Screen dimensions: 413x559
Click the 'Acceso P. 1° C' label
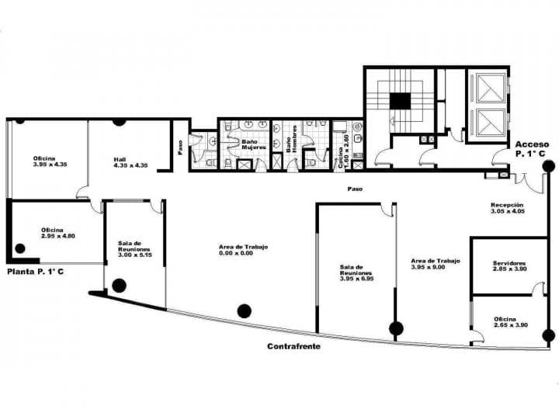tap(532, 149)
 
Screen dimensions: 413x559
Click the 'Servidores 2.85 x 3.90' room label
tap(509, 267)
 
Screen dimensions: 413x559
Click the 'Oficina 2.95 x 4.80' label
tap(57, 233)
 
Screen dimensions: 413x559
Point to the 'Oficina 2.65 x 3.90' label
tap(510, 321)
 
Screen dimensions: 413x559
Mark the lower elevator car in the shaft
tap(490, 123)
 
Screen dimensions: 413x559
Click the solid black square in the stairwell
tap(399, 101)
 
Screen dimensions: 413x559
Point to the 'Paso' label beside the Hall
tap(180, 147)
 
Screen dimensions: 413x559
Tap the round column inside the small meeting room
tap(119, 285)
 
